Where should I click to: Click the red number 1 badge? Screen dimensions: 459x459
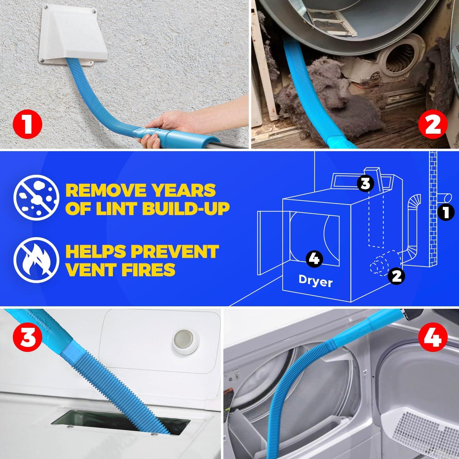(27, 125)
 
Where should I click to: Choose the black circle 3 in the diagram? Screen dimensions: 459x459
(365, 184)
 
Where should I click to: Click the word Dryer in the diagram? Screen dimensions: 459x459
(315, 282)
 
